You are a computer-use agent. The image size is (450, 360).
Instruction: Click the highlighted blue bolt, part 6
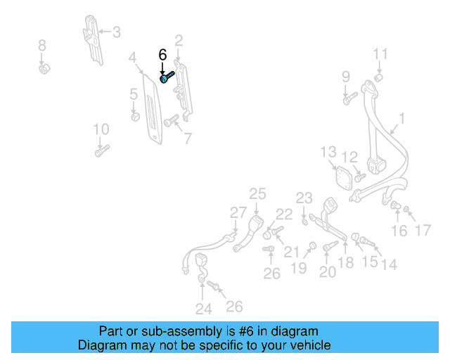pyautogui.click(x=167, y=77)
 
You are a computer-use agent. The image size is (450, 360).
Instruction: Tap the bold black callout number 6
pyautogui.click(x=162, y=55)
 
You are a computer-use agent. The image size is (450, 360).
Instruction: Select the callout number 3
pyautogui.click(x=117, y=32)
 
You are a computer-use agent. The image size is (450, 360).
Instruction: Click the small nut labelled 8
pyautogui.click(x=44, y=69)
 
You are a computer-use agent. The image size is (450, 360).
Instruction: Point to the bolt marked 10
pyautogui.click(x=102, y=150)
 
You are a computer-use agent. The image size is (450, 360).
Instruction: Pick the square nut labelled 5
pyautogui.click(x=135, y=117)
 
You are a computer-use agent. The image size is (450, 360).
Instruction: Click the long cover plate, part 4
pyautogui.click(x=153, y=109)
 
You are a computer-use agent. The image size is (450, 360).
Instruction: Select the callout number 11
pyautogui.click(x=380, y=54)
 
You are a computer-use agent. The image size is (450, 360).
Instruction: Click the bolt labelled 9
pyautogui.click(x=350, y=98)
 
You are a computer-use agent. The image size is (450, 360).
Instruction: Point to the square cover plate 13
pyautogui.click(x=344, y=178)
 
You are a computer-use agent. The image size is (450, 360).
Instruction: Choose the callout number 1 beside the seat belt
pyautogui.click(x=401, y=118)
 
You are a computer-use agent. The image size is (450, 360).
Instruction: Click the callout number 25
pyautogui.click(x=257, y=194)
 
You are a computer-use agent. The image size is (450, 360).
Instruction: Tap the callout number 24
pyautogui.click(x=204, y=309)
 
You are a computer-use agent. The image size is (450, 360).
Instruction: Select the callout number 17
pyautogui.click(x=423, y=230)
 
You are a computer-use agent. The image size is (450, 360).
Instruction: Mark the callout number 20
pyautogui.click(x=328, y=272)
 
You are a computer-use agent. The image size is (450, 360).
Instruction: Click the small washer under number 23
pyautogui.click(x=304, y=222)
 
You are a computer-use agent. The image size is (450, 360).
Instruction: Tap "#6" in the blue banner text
pyautogui.click(x=246, y=331)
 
